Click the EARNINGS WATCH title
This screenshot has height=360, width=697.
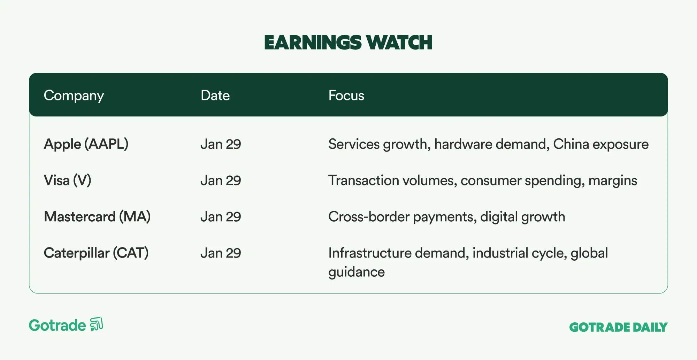[348, 43]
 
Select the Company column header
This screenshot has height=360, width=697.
[74, 96]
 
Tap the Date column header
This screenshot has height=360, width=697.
[215, 95]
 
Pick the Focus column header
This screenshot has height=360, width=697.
[346, 95]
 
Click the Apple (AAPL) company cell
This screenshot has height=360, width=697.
[86, 144]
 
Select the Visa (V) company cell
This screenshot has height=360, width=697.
[68, 181]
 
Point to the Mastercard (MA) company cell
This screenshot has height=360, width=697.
[97, 217]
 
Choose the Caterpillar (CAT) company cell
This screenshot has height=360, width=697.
[96, 253]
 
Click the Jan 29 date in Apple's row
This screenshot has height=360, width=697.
[221, 144]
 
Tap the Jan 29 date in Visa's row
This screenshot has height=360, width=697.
[221, 181]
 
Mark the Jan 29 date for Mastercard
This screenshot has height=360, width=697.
[221, 217]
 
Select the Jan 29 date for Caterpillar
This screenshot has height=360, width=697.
[221, 253]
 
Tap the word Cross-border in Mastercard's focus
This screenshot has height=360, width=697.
[369, 217]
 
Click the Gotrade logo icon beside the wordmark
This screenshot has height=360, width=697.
[97, 324]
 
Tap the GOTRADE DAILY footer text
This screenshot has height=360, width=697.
[618, 327]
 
